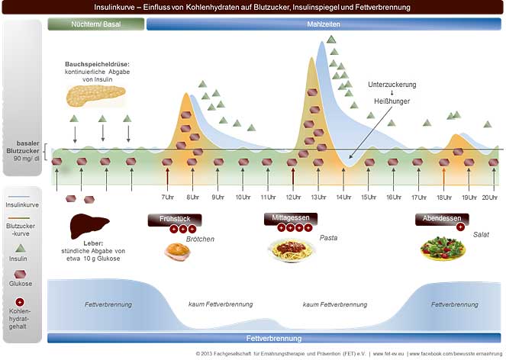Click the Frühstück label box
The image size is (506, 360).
173,219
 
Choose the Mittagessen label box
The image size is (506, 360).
291,218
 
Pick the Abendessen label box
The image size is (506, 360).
442,218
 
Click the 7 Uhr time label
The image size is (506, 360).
168,198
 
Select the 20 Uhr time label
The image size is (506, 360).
490,198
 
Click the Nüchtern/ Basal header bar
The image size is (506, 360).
95,24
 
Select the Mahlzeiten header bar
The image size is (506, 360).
324,24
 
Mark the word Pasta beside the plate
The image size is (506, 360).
329,238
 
